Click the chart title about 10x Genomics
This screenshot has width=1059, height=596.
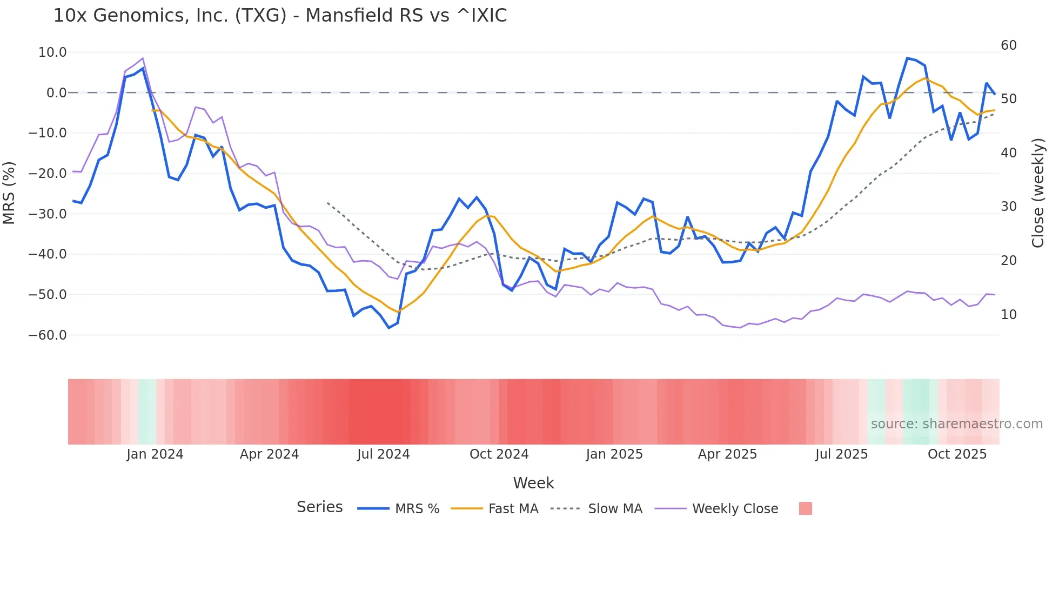coord(280,16)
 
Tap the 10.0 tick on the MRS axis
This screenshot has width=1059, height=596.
coord(52,52)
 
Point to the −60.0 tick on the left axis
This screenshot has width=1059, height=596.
coord(48,335)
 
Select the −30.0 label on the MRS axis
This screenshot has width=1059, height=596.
coord(48,214)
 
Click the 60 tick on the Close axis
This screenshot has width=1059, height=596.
coord(1008,45)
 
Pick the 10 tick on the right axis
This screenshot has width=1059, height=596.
coord(1008,315)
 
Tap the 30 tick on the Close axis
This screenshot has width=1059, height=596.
coord(1008,207)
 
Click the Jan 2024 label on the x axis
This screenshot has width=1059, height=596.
coord(155,454)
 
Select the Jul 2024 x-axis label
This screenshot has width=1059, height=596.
coord(384,454)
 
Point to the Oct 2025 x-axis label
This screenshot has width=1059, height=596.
coord(957,454)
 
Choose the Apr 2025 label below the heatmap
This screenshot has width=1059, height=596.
coord(727,454)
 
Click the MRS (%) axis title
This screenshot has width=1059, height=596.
coord(9,193)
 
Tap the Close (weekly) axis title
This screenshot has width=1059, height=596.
coord(1038,193)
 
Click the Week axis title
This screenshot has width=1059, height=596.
coord(533,483)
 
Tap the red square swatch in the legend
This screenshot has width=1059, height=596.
coord(805,508)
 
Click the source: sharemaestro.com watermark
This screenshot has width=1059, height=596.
coord(956,424)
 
